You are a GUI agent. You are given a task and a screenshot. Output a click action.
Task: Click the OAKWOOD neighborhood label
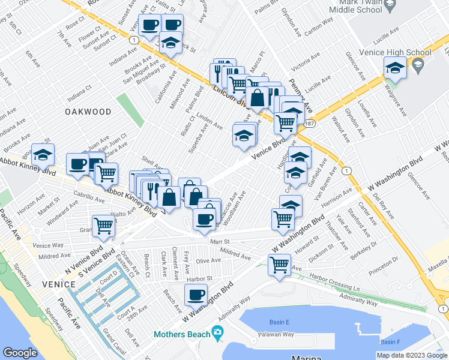89,112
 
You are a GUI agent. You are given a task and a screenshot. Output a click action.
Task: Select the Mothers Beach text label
181,334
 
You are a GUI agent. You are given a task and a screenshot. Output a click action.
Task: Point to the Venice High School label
394,52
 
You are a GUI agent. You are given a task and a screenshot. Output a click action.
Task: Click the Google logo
20,353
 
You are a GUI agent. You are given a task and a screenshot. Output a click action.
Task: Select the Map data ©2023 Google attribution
412,355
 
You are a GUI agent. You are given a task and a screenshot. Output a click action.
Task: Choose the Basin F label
390,342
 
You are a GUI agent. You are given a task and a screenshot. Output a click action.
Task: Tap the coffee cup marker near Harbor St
196,294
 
